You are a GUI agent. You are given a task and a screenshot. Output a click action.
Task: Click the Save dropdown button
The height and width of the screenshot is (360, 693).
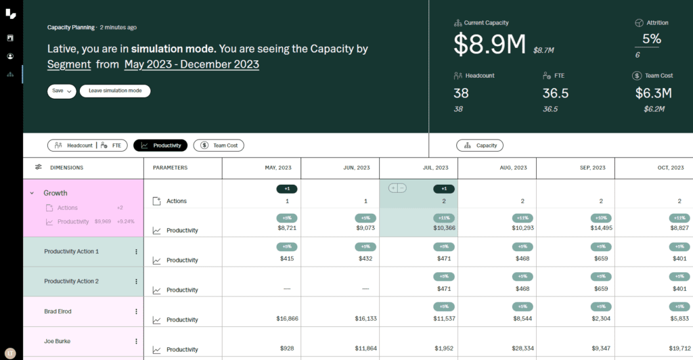point(62,91)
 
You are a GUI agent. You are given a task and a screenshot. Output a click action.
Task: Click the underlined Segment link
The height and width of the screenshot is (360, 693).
point(69,65)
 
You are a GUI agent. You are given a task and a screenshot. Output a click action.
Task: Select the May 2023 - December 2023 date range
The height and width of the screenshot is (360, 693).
point(192,65)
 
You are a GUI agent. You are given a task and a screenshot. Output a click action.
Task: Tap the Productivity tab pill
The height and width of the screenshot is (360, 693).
point(160,145)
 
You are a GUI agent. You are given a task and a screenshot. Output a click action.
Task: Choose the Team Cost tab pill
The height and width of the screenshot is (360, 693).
point(219,145)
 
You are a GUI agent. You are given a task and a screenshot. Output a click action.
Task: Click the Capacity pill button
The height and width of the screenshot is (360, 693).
point(480,145)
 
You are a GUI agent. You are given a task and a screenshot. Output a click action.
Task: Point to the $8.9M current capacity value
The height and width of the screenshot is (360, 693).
point(489,44)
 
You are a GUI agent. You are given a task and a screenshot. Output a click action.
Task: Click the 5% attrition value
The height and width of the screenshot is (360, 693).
point(651,39)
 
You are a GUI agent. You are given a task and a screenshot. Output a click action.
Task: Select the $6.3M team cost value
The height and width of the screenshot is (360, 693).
point(653,93)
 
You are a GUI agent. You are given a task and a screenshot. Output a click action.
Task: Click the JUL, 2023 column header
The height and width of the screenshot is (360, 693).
point(418,168)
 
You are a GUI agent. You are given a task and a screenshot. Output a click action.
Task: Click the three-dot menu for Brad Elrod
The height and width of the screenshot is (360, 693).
point(136,312)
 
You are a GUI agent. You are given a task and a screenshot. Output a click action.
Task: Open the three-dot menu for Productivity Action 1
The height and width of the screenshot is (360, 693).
point(136,252)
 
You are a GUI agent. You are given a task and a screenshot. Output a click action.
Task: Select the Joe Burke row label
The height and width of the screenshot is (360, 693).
point(58,342)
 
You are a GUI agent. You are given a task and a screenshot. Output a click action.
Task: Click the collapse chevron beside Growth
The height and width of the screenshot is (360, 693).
point(32,194)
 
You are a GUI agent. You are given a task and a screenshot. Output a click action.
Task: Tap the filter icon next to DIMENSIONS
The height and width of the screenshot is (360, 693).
point(39,168)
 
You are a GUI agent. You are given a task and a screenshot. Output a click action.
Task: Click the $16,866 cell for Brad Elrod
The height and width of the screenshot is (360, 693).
point(288,319)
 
